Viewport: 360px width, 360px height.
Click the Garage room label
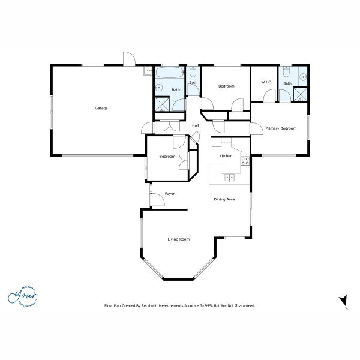pos(101,108)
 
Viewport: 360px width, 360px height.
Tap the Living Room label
pos(178,239)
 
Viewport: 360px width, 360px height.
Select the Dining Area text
pos(224,199)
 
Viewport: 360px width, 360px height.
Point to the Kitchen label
pos(226,156)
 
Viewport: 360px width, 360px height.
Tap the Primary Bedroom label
pos(281,128)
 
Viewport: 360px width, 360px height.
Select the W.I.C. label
pos(266,82)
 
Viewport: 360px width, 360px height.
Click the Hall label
pos(195,125)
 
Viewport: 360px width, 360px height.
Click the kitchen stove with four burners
pos(245,160)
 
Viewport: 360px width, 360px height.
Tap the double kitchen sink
pos(229,177)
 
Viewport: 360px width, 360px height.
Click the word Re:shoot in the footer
pos(149,305)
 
